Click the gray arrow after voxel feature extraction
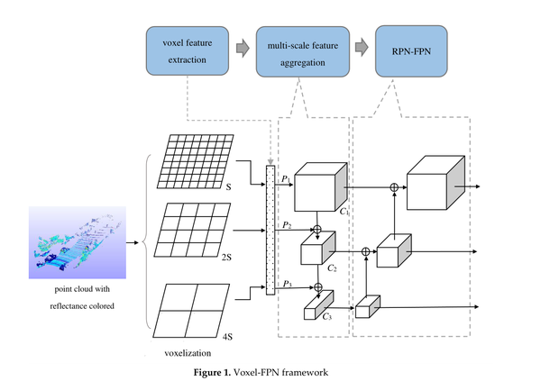point(242,48)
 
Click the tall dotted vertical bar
point(269,229)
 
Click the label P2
point(287,222)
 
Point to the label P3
point(287,284)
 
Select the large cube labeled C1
point(316,190)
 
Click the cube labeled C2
point(316,249)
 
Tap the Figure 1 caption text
point(270,371)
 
